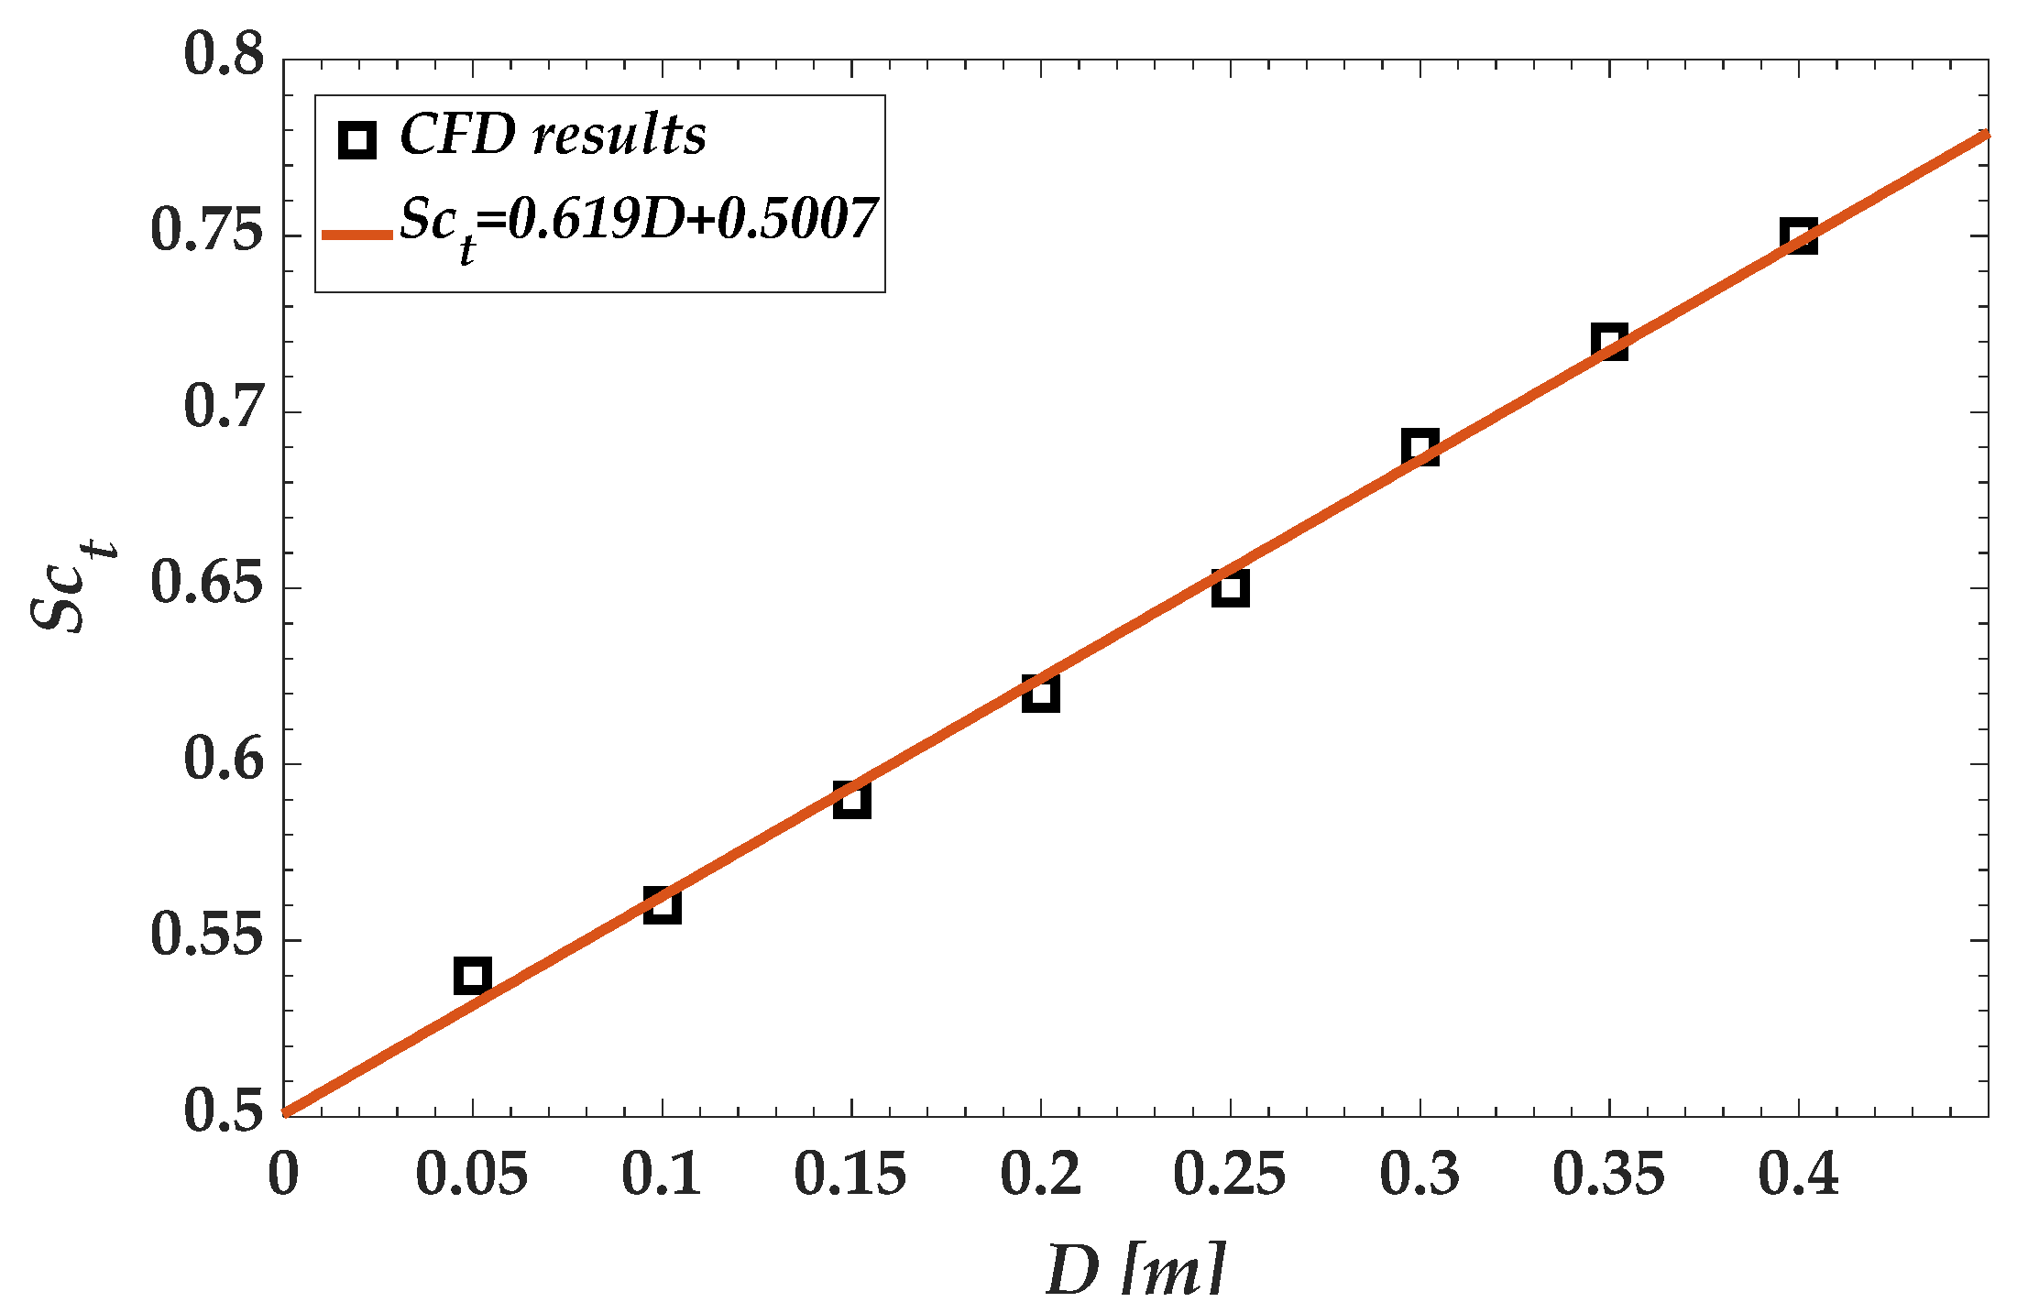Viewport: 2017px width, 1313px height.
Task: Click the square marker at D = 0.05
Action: (x=472, y=976)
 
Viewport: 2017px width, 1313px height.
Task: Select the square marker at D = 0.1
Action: (x=662, y=905)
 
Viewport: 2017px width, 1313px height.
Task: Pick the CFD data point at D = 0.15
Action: (x=851, y=800)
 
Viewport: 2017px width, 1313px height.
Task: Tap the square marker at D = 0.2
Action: (x=1041, y=694)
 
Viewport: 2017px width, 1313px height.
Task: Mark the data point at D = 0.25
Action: (x=1230, y=588)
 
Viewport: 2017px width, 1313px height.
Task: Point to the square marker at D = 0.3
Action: (x=1420, y=448)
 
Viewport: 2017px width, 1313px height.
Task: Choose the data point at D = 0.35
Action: (x=1609, y=343)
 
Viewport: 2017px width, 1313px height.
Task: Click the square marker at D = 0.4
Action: (x=1799, y=236)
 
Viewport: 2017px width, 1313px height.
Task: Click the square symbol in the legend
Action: (x=356, y=140)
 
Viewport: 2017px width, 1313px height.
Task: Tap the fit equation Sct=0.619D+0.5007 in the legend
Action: (x=638, y=224)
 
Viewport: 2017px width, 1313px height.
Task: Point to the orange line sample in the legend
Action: (x=357, y=235)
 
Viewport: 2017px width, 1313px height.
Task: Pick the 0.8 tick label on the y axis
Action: (x=224, y=55)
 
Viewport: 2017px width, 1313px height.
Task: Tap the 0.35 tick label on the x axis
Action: (x=1608, y=1175)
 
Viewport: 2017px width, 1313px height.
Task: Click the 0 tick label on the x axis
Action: (x=283, y=1175)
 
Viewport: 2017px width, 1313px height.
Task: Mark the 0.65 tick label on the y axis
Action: (x=207, y=583)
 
